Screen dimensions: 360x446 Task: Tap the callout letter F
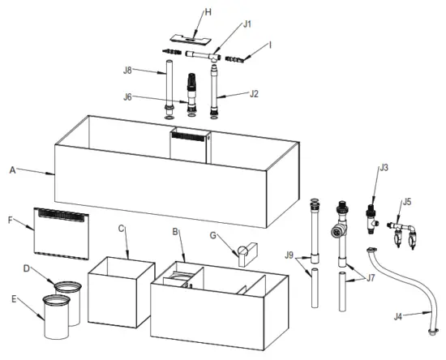pyautogui.click(x=11, y=219)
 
